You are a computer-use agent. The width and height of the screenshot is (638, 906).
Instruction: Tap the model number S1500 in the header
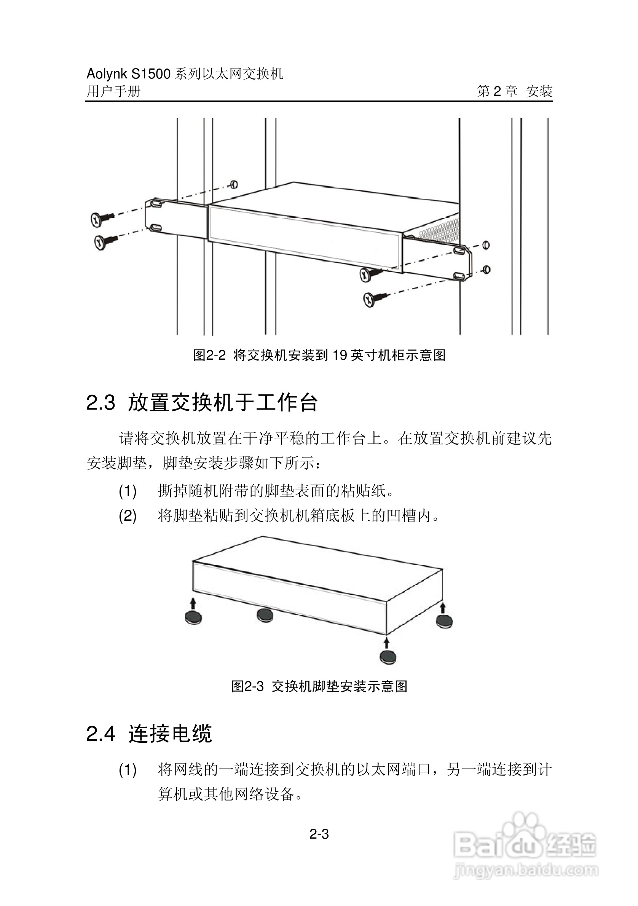[x=151, y=74]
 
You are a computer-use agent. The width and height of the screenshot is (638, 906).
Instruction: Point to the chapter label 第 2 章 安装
[x=515, y=91]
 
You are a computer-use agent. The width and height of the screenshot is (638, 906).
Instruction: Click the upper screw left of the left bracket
[x=99, y=219]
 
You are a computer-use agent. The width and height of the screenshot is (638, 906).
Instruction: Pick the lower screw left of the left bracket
[x=102, y=242]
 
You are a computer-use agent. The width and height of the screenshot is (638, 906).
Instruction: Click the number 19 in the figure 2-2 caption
[x=339, y=355]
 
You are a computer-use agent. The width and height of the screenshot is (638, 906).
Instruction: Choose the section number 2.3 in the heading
[x=100, y=403]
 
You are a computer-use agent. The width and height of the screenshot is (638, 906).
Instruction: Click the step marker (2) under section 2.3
[x=128, y=516]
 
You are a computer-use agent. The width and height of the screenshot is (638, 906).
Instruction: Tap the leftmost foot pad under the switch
[x=193, y=617]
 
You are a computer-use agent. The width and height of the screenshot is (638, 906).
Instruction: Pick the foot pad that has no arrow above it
[x=265, y=615]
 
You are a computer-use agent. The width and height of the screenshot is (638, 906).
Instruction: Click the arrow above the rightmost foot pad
[x=443, y=608]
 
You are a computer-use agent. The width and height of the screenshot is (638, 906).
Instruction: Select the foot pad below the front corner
[x=388, y=657]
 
